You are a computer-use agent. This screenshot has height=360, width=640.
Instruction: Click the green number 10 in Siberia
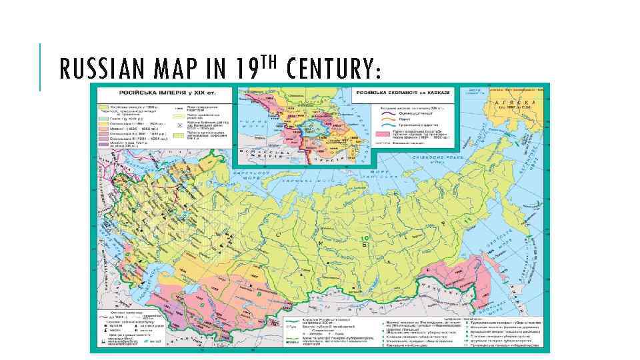pyautogui.click(x=364, y=238)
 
